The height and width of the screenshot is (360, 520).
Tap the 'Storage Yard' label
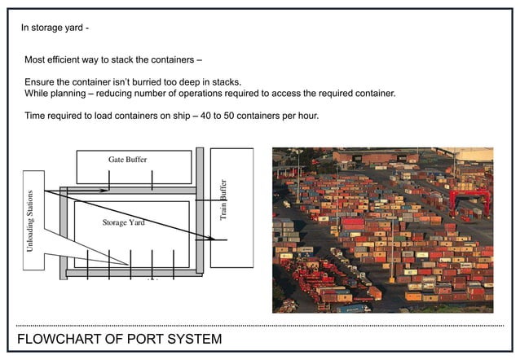pos(123,222)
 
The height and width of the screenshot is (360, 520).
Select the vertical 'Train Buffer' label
pos(223,200)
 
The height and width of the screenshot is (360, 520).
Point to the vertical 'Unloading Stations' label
pos(31,221)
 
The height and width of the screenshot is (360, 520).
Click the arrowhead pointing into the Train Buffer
pos(222,239)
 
